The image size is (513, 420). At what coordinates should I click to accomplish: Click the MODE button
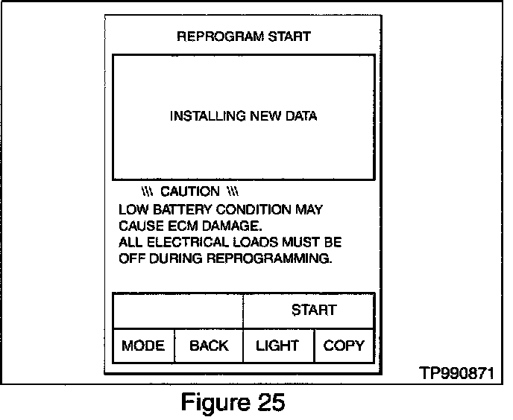(x=143, y=346)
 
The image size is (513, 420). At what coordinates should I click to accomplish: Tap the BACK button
(x=209, y=346)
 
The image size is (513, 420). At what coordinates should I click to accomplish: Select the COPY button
(x=344, y=346)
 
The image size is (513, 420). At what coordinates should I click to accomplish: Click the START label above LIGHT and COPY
(x=313, y=310)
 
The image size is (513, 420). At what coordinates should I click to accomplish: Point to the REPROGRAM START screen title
(x=243, y=36)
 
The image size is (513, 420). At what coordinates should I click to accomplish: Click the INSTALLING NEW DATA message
(x=243, y=116)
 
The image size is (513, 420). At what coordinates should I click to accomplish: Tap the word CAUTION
(x=190, y=192)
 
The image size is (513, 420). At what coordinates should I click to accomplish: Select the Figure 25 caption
(x=233, y=403)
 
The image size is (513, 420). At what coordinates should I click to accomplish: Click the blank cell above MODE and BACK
(x=177, y=310)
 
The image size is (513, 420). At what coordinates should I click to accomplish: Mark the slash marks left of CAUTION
(x=147, y=192)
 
